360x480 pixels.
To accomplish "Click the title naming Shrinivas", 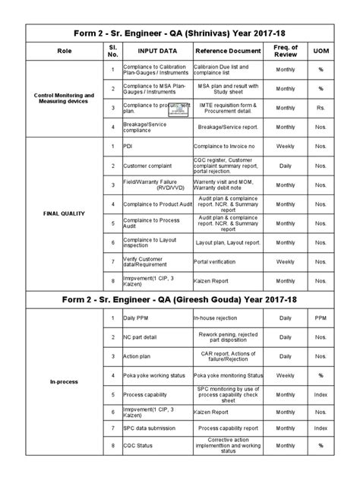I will click(x=180, y=33).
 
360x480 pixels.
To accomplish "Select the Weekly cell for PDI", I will click(x=286, y=144).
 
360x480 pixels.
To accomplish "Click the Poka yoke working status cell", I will click(x=157, y=375).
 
